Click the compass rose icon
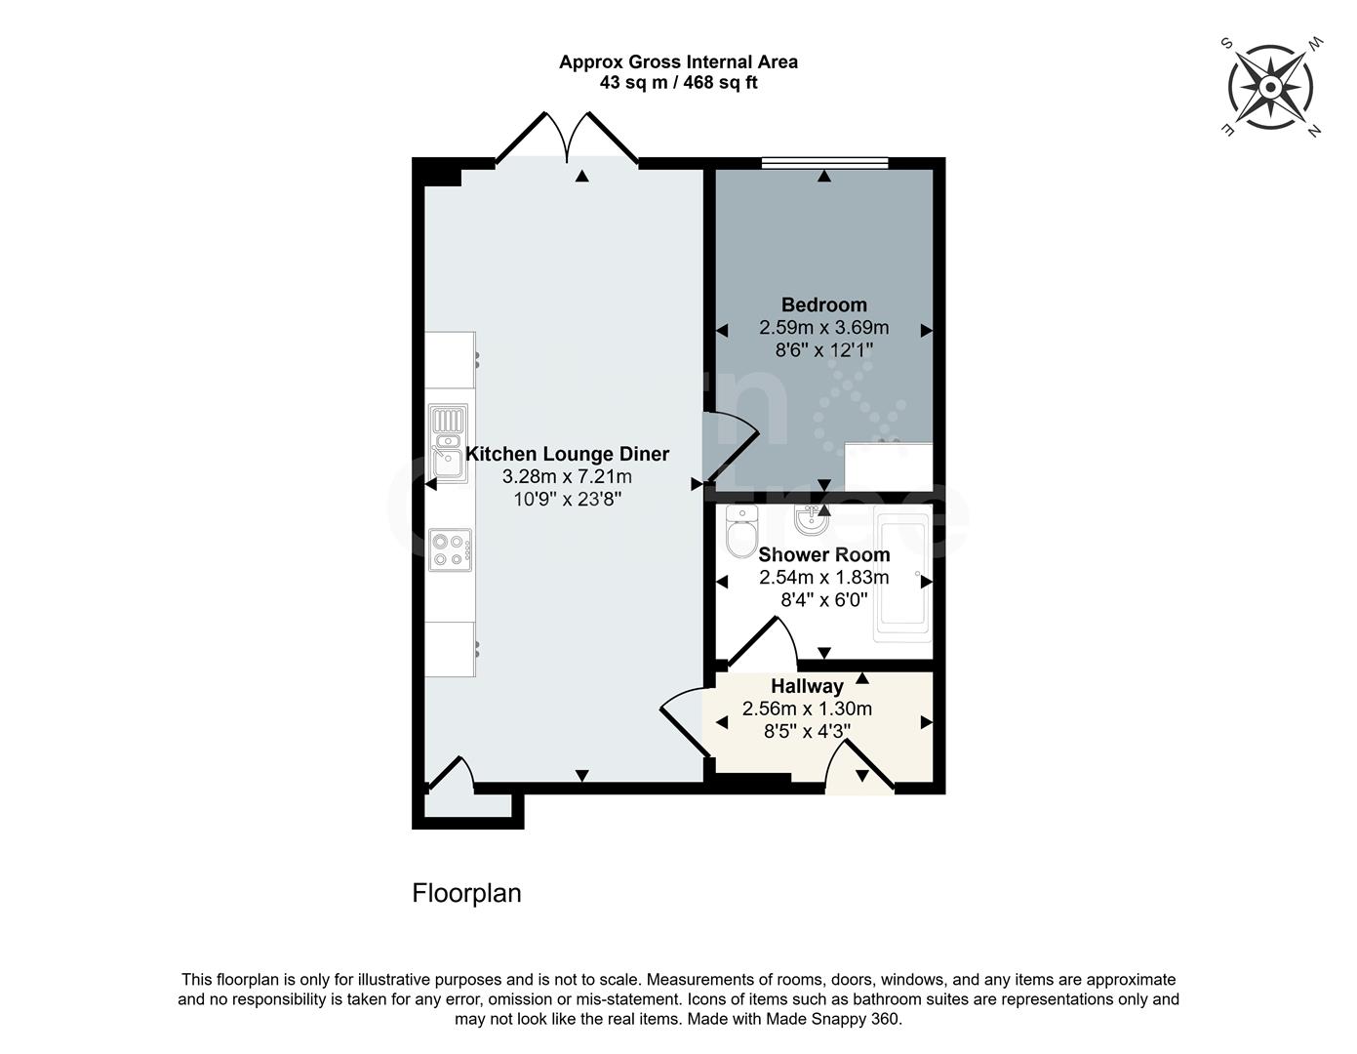click(x=1270, y=88)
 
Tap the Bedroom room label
click(x=823, y=304)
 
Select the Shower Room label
click(x=823, y=554)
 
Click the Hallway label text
click(x=807, y=686)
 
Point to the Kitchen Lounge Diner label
click(x=567, y=454)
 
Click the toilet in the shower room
click(x=741, y=530)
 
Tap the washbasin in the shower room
click(x=810, y=524)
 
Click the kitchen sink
click(x=449, y=444)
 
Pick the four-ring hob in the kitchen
click(x=450, y=549)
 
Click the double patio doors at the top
click(x=568, y=142)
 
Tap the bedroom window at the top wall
click(x=824, y=163)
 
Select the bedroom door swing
click(x=730, y=444)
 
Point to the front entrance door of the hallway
click(x=858, y=767)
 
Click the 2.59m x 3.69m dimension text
click(x=823, y=328)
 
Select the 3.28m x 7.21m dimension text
click(x=567, y=477)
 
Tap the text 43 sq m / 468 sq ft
click(x=678, y=83)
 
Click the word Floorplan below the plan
click(x=466, y=893)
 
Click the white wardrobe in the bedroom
click(x=888, y=467)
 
